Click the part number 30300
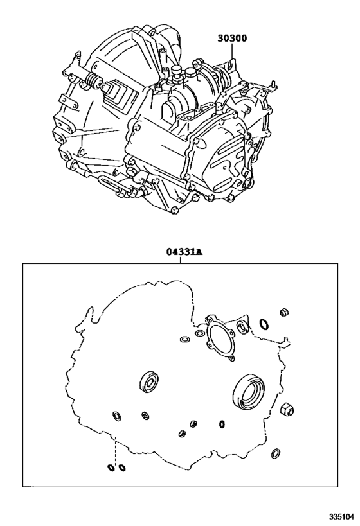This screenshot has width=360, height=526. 232,39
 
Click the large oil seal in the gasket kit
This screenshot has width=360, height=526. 249,391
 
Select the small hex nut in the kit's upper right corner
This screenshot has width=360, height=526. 284,313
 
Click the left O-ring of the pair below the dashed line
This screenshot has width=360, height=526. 110,468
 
